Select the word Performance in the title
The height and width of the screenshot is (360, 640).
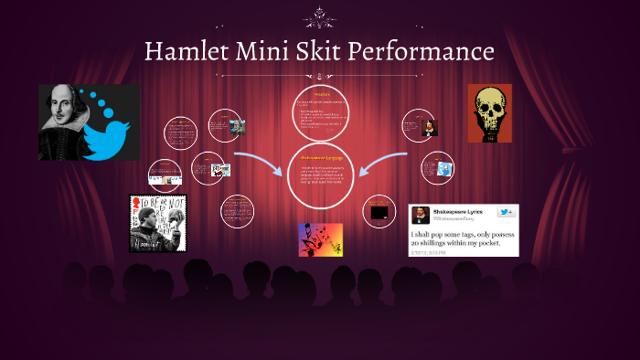426,50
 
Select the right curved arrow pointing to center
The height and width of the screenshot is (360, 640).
382,164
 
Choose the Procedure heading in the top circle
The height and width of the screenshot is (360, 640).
321,94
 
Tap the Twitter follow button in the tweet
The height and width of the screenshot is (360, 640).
506,212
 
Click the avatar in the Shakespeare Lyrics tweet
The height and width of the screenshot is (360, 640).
420,216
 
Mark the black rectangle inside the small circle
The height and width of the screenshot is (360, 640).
379,213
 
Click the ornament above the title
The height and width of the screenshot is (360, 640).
320,16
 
